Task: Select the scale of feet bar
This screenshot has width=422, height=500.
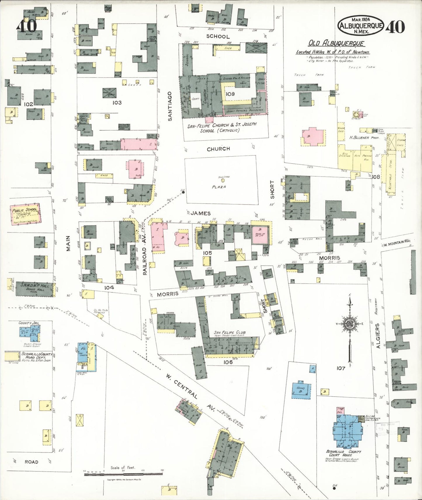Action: point(123,474)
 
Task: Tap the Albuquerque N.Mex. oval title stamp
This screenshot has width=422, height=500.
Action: point(360,25)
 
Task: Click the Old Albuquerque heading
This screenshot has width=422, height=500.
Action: point(336,44)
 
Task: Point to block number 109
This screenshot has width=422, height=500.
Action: point(230,94)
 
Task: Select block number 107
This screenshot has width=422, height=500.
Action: point(341,368)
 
